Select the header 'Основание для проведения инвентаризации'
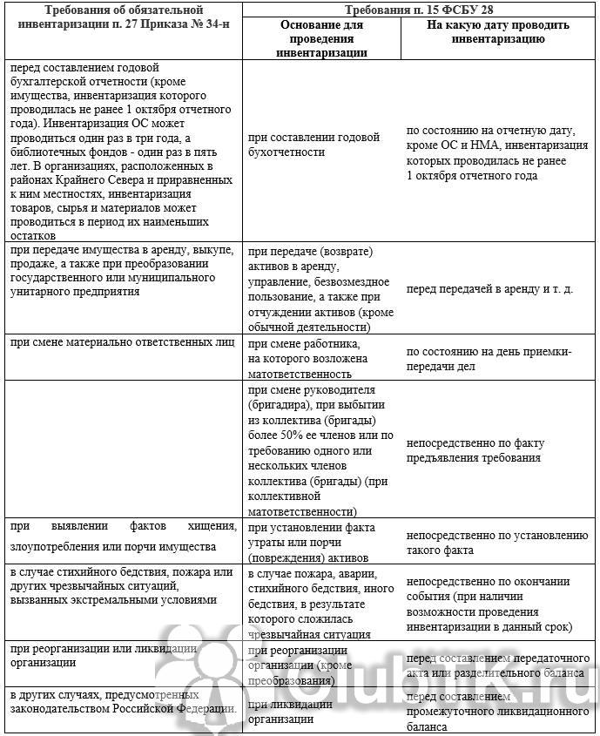pyautogui.click(x=322, y=38)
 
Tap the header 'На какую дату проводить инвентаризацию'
pyautogui.click(x=499, y=32)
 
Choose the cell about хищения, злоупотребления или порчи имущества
pyautogui.click(x=123, y=537)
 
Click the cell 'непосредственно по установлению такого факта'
pyautogui.click(x=497, y=543)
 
